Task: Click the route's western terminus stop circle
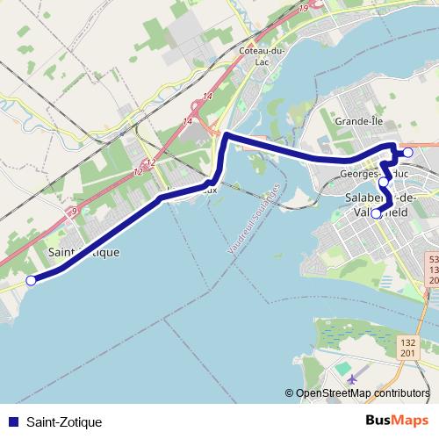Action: point(31,281)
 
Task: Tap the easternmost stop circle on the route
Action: point(407,153)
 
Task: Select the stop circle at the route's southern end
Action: point(376,213)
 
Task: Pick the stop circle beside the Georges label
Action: point(383,183)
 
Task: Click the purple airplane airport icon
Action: point(353,378)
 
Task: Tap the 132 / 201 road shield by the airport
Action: point(407,346)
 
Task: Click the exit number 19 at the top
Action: point(303,9)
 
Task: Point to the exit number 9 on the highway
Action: point(75,211)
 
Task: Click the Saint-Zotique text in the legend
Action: point(64,422)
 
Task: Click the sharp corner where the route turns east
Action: point(227,135)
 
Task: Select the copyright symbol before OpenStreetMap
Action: point(290,392)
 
